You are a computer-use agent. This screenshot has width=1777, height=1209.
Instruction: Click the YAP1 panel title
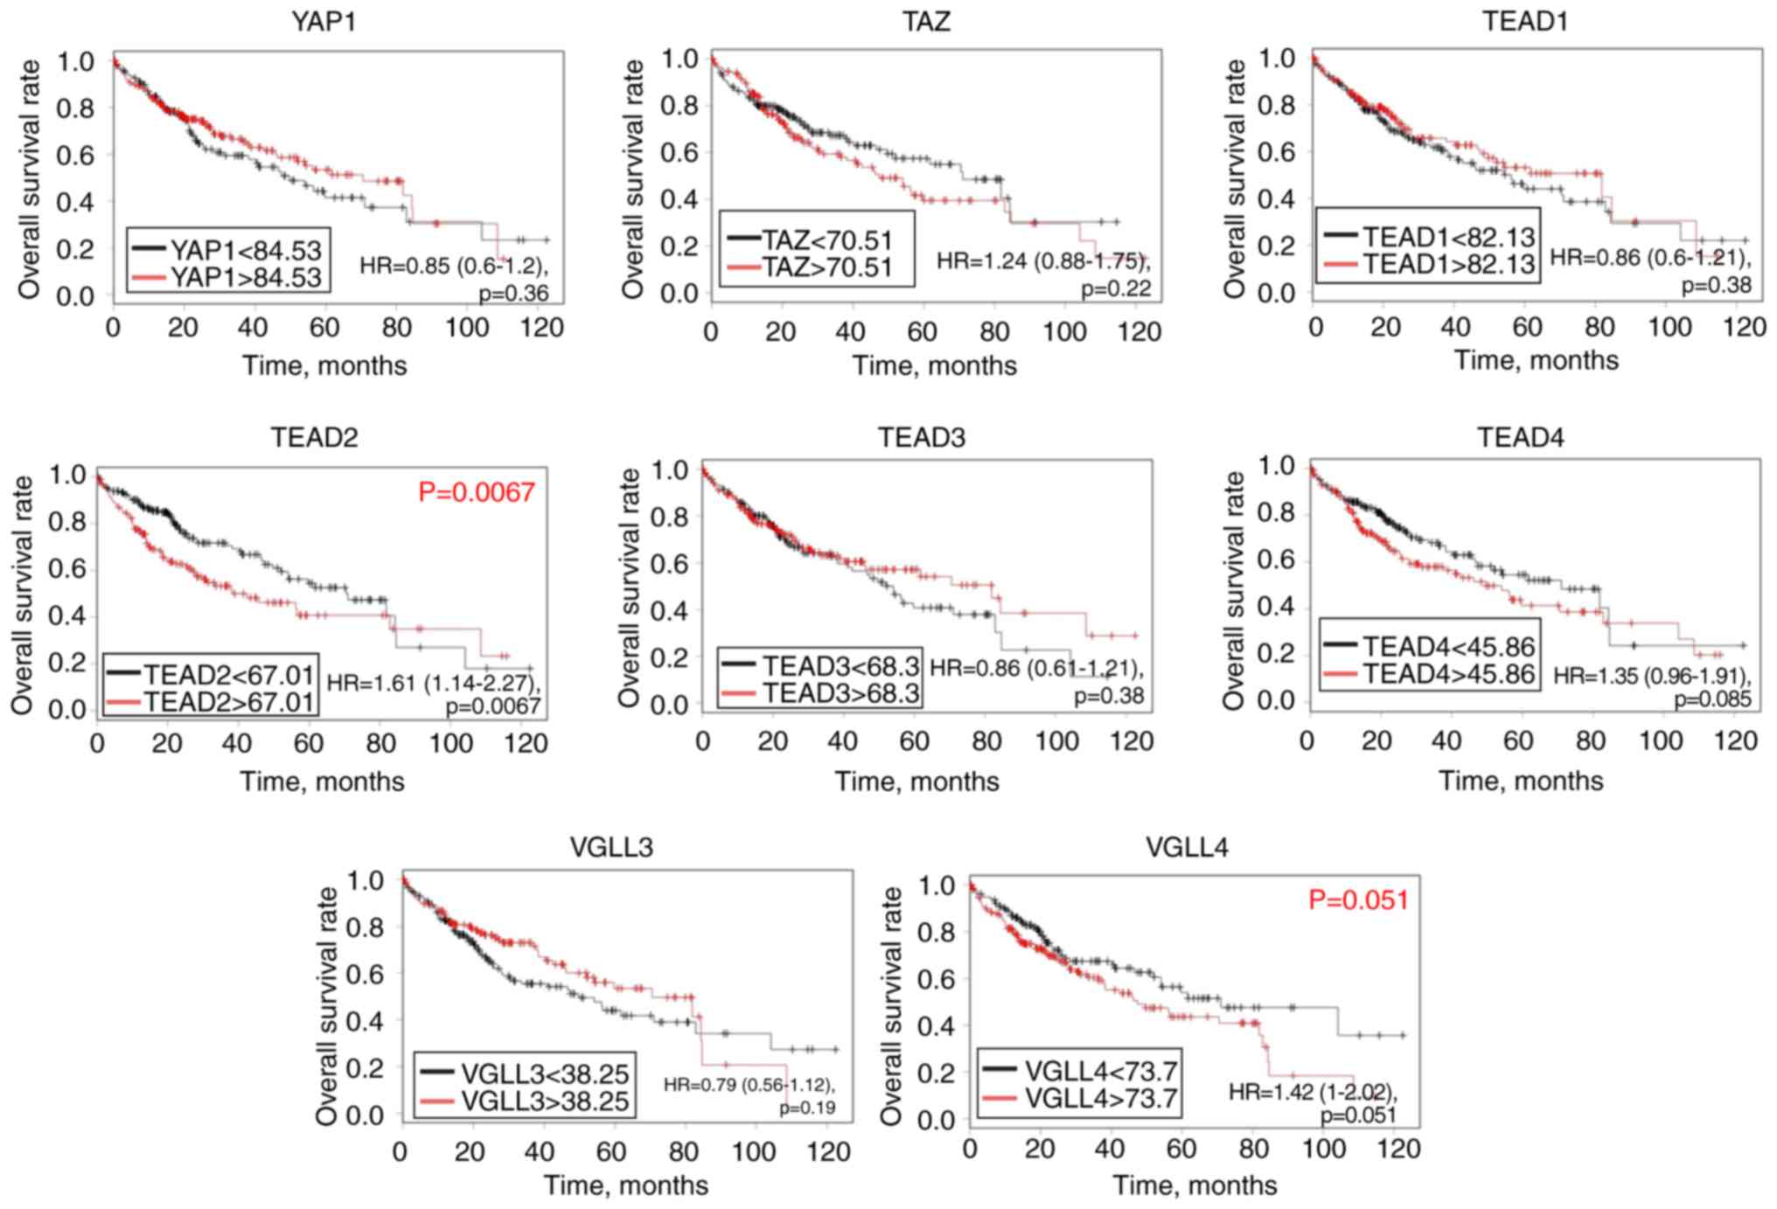pyautogui.click(x=323, y=21)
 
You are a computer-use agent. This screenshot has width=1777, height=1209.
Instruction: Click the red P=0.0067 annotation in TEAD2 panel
pyautogui.click(x=476, y=492)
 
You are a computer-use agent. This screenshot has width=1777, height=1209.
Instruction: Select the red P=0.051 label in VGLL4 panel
pyautogui.click(x=1358, y=900)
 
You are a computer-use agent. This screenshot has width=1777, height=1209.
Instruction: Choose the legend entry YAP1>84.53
pyautogui.click(x=246, y=277)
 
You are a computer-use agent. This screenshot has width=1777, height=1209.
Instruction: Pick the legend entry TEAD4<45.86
pyautogui.click(x=1448, y=646)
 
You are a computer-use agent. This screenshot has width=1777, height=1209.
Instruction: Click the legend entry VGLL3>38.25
pyautogui.click(x=544, y=1101)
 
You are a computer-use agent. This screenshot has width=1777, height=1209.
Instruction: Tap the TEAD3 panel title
pyautogui.click(x=922, y=436)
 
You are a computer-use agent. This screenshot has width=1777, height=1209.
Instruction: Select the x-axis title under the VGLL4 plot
pyautogui.click(x=1194, y=1185)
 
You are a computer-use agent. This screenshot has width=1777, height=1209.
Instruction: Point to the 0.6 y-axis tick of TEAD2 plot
pyautogui.click(x=66, y=569)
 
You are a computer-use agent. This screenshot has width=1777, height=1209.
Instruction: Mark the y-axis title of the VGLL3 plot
pyautogui.click(x=326, y=1005)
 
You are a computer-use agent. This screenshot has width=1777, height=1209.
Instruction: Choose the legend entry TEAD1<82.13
pyautogui.click(x=1448, y=236)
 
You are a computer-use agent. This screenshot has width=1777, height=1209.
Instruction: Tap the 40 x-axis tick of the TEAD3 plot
pyautogui.click(x=841, y=742)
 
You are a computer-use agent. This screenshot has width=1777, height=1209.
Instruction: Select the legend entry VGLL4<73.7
pyautogui.click(x=1100, y=1071)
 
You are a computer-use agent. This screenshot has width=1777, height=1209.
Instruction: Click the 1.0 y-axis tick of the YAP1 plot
pyautogui.click(x=75, y=62)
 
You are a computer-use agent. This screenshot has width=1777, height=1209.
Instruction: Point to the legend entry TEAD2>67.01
pyautogui.click(x=227, y=701)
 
